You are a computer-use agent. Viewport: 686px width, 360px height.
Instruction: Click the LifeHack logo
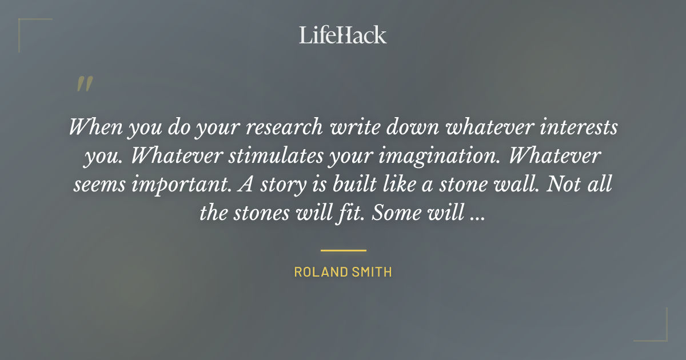pos(343,35)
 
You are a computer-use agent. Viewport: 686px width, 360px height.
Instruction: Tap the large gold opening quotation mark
pos(84,84)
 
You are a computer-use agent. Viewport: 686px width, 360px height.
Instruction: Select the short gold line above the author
pos(343,250)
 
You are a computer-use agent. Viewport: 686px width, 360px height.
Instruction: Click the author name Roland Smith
pos(343,272)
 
